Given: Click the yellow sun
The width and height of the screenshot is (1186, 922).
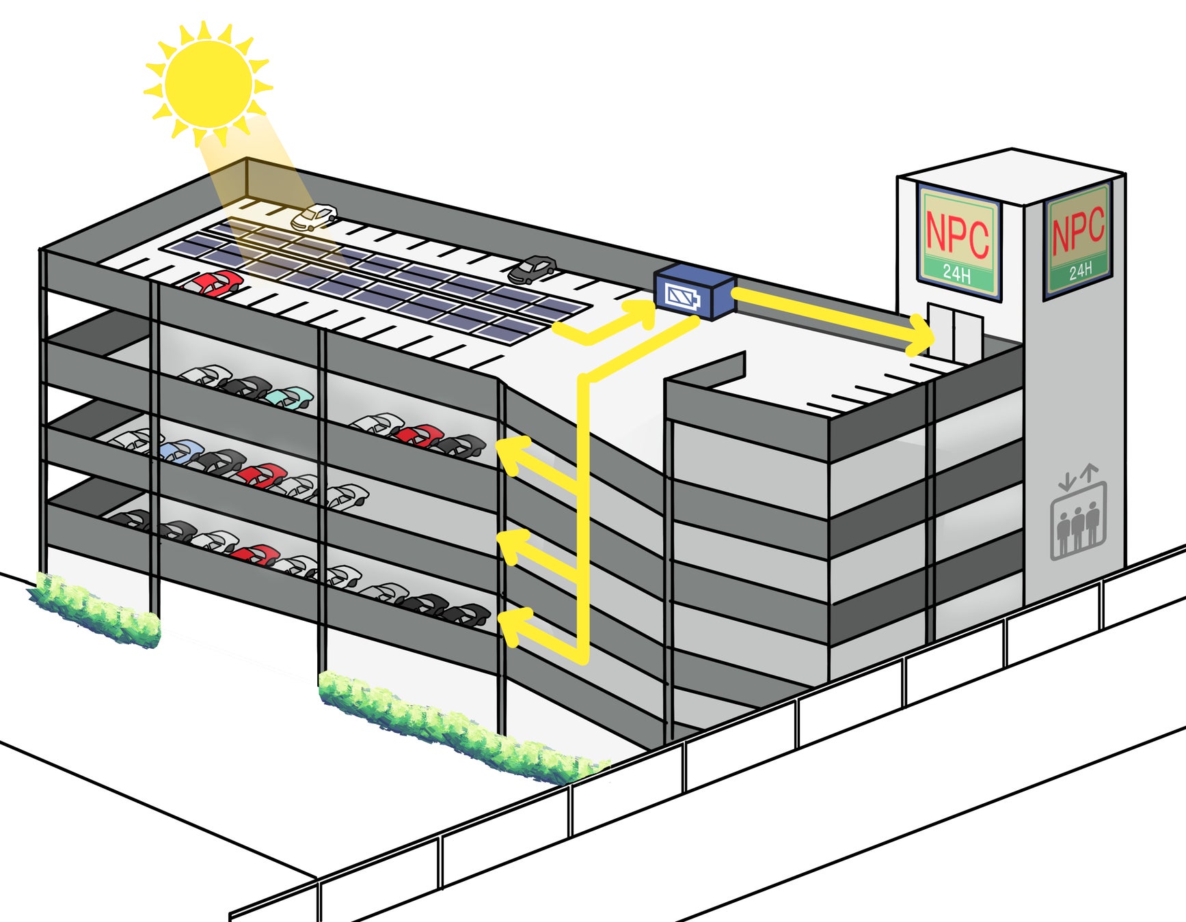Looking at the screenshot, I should pyautogui.click(x=208, y=83).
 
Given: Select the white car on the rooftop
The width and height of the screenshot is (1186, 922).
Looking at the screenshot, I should pyautogui.click(x=314, y=217).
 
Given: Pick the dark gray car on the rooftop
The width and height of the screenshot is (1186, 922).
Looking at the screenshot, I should pyautogui.click(x=532, y=270).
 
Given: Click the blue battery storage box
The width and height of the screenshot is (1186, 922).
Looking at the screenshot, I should pyautogui.click(x=694, y=292).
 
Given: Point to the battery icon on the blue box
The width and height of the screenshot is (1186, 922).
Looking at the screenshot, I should pyautogui.click(x=682, y=296).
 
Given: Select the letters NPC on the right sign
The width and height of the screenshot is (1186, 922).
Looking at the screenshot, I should pyautogui.click(x=1078, y=229).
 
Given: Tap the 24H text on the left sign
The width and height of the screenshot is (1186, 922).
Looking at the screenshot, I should pyautogui.click(x=957, y=274).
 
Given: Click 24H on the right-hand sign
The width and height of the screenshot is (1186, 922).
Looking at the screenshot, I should pyautogui.click(x=1080, y=271).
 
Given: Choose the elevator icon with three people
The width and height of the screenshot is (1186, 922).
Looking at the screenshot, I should pyautogui.click(x=1078, y=522).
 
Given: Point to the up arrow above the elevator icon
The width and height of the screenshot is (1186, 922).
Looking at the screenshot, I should pyautogui.click(x=1090, y=473).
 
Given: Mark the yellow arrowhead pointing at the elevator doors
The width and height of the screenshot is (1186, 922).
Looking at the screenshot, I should pyautogui.click(x=921, y=336).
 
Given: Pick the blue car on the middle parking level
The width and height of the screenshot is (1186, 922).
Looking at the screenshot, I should pyautogui.click(x=180, y=451).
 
